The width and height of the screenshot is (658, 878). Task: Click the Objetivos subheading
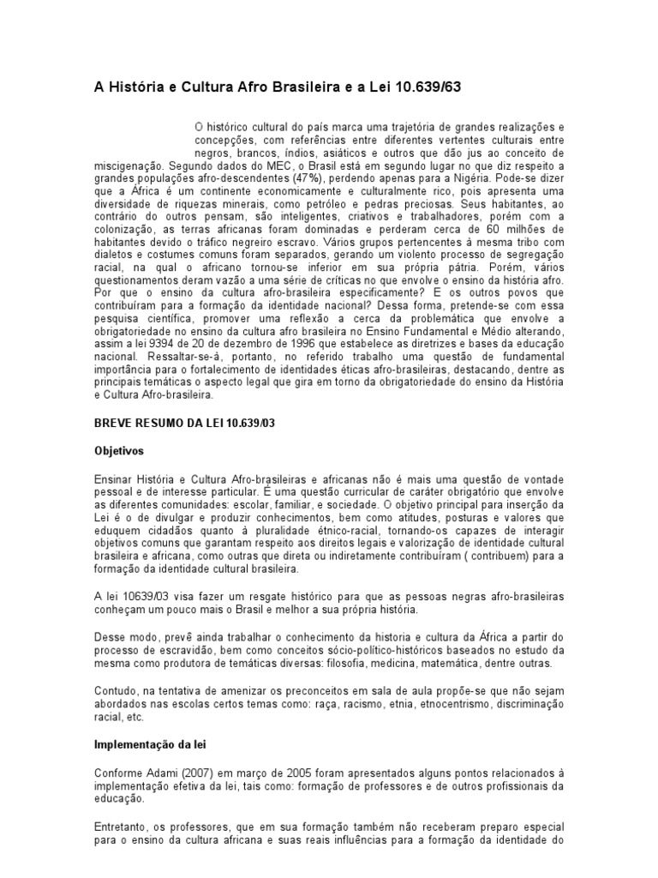click(119, 449)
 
